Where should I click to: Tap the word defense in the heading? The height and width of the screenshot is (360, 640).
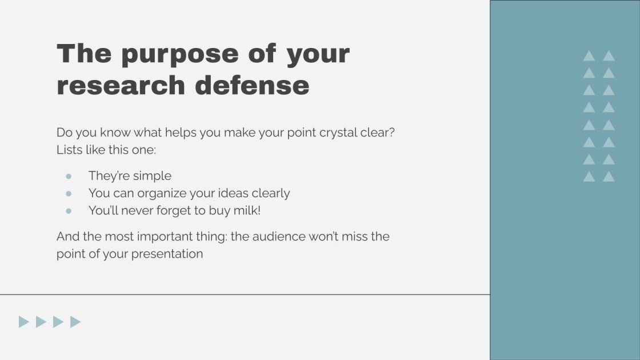(252, 86)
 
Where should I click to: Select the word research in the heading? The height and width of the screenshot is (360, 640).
(121, 86)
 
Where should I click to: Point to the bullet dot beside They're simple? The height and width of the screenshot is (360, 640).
(69, 176)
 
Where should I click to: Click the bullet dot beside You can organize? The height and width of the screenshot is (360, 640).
(69, 193)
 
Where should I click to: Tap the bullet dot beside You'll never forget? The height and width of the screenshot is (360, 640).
(69, 210)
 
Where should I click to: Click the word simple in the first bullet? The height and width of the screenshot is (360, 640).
(153, 176)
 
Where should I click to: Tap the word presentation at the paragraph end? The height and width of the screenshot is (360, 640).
(167, 254)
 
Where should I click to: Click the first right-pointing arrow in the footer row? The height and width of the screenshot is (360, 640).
(23, 322)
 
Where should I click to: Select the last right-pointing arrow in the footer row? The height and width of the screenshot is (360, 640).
(75, 322)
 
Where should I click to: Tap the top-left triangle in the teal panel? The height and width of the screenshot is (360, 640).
(589, 56)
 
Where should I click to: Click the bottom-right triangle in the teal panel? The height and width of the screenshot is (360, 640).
(609, 177)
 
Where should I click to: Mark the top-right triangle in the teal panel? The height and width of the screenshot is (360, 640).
(609, 56)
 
